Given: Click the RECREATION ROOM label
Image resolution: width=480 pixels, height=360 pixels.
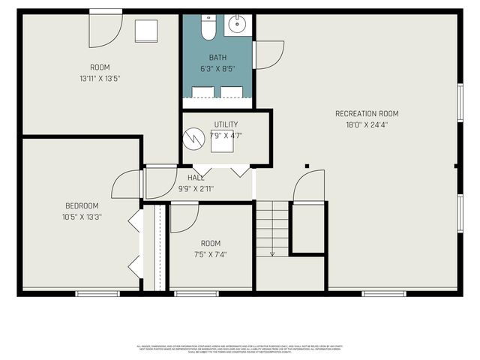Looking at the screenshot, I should [367, 114].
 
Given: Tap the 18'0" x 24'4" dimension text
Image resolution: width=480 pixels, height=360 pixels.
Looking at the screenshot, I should [367, 125].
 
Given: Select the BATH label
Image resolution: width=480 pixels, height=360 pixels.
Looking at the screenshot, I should [217, 58].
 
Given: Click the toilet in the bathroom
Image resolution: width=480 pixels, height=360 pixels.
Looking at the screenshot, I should [208, 27].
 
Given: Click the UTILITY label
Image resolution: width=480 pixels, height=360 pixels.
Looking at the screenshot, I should [226, 124].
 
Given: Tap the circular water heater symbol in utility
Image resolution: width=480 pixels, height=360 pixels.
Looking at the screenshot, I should [196, 138].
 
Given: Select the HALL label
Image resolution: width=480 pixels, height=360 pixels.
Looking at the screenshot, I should [196, 178].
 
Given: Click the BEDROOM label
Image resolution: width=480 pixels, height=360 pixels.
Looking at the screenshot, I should [81, 205].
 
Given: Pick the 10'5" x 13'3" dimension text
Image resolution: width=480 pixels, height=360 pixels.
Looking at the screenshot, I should [81, 217].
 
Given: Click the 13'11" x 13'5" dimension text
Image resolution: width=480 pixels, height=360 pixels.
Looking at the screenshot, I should [100, 78].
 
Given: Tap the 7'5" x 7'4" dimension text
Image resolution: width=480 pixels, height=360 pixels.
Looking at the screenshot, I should [211, 254].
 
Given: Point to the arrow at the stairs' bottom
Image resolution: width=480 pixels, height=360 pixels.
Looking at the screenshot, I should [272, 253].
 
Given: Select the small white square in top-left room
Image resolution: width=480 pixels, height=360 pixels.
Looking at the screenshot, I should [146, 31].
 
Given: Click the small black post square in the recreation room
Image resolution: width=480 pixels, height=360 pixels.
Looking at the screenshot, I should [307, 165].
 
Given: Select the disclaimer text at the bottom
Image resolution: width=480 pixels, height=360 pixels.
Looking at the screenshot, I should [239, 348].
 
